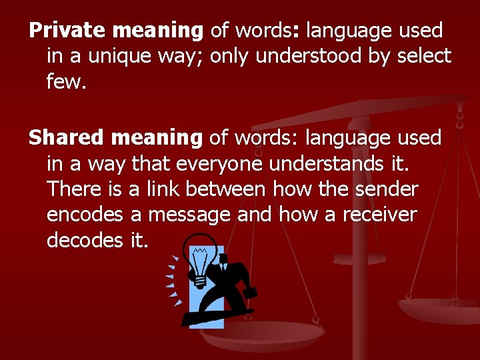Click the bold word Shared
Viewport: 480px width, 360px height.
(x=66, y=138)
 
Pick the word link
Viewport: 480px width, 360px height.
(x=163, y=189)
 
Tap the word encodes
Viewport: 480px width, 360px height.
(x=85, y=214)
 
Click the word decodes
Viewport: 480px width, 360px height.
(x=85, y=239)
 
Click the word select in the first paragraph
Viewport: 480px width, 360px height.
(x=424, y=56)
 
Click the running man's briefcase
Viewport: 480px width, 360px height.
(x=251, y=293)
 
